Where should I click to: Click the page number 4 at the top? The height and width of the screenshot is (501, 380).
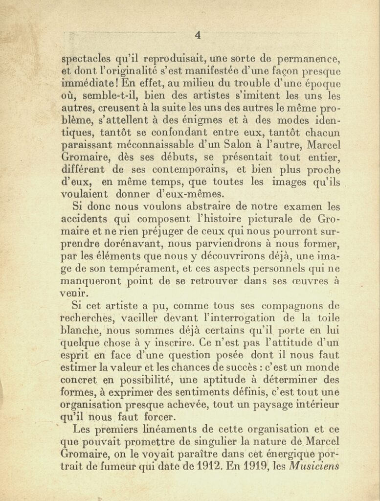coord(198,35)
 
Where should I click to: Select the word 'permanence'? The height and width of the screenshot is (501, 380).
coord(310,60)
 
